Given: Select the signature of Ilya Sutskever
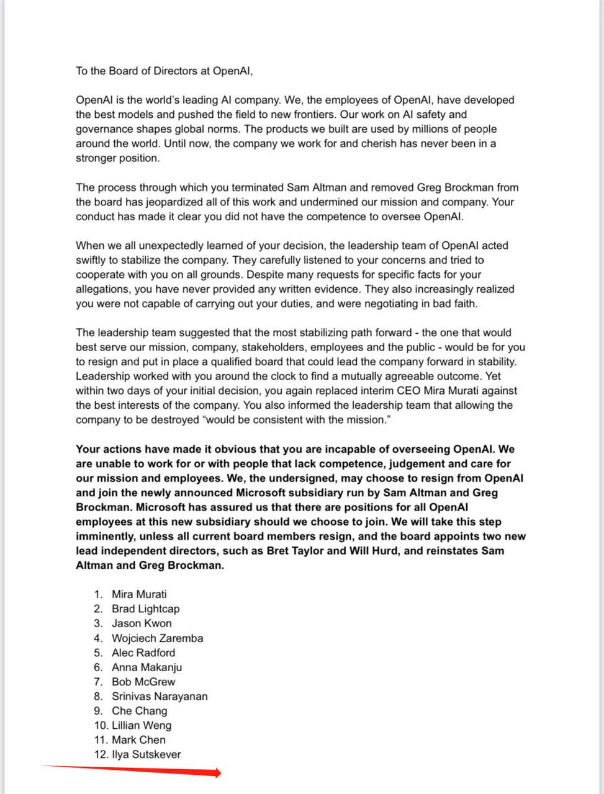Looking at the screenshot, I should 146,754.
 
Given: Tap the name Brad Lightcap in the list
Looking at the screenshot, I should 145,609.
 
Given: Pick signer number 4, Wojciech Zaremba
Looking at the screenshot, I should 157,638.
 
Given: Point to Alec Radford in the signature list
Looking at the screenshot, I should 143,653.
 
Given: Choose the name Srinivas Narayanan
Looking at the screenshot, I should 160,697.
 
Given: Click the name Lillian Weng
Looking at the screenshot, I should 142,725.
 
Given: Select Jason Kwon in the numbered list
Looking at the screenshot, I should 142,623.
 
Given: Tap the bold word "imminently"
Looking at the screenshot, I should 104,537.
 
